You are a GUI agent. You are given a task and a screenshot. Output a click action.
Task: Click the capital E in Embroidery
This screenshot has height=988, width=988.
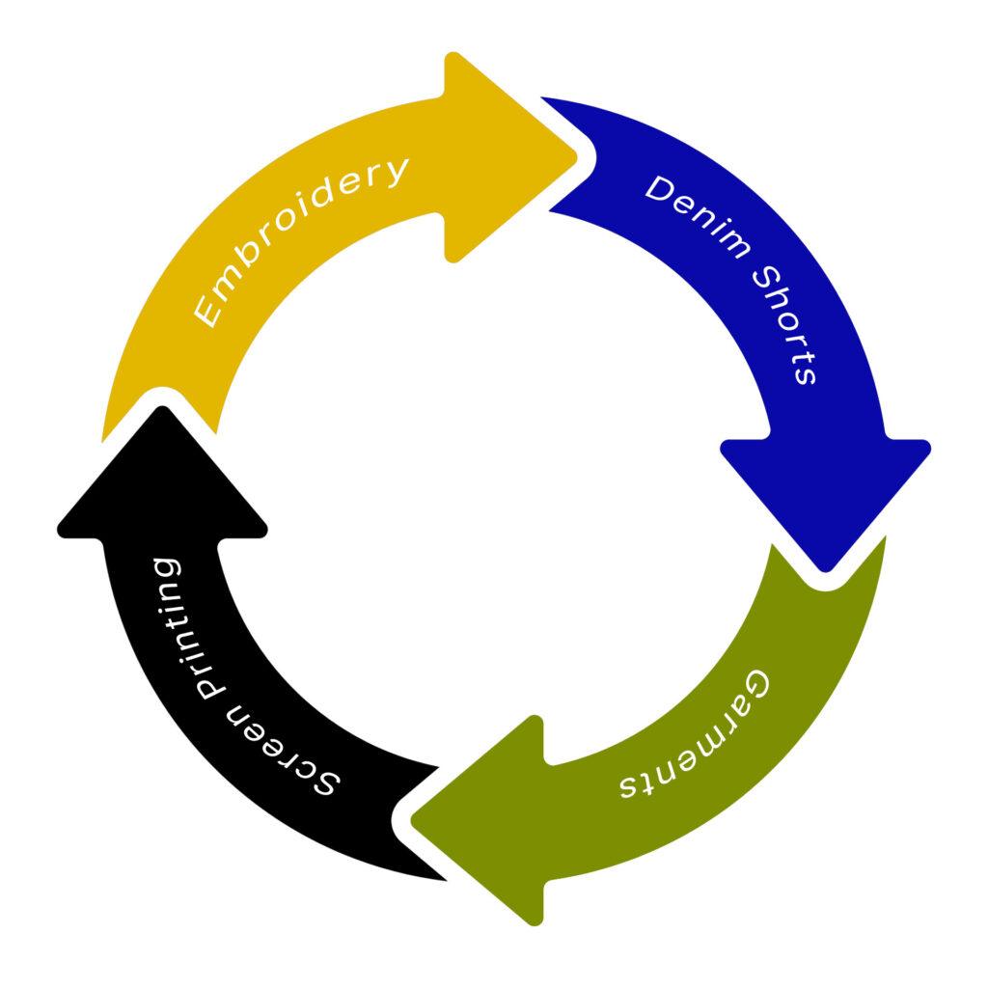coord(207,314)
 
